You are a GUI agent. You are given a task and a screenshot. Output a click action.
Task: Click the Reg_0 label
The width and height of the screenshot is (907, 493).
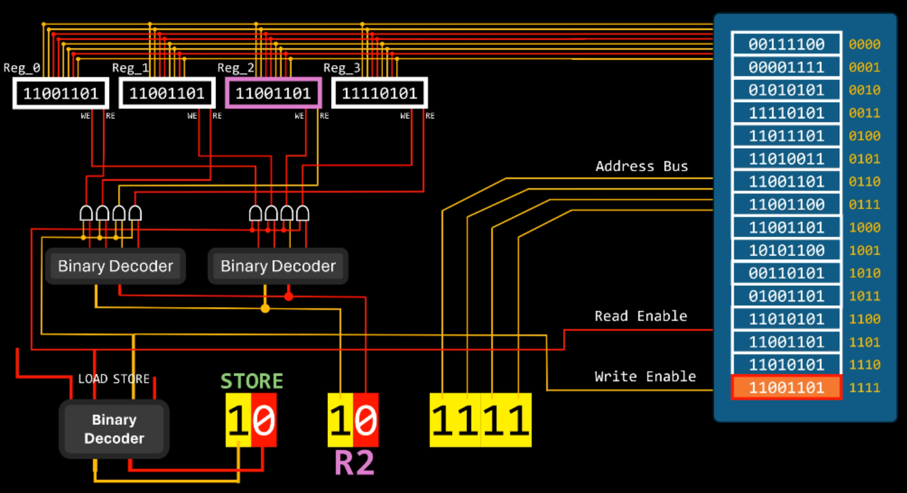(x=22, y=68)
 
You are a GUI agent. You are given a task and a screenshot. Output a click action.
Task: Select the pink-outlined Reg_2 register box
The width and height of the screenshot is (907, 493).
(x=273, y=93)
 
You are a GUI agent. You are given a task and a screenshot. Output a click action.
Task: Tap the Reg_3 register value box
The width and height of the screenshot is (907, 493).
(x=379, y=93)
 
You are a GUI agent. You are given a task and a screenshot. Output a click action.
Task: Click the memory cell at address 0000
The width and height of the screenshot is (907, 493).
(x=786, y=45)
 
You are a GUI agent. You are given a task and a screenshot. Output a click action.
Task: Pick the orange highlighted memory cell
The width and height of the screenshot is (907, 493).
(x=786, y=388)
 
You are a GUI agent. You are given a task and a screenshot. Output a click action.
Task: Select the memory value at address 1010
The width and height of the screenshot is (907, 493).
(x=786, y=273)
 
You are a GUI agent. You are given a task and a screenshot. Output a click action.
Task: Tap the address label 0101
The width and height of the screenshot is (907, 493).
(x=864, y=159)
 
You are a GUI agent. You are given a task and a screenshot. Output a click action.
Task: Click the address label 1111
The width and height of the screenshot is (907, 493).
(x=864, y=388)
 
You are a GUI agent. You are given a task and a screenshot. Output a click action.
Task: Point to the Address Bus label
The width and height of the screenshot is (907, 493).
(x=642, y=167)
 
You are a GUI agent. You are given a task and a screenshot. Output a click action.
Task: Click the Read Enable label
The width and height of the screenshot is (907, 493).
(x=640, y=317)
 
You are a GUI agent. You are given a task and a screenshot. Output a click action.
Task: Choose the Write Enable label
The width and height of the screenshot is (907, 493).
(x=645, y=377)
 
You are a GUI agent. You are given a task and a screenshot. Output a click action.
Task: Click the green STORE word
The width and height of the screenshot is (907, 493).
(x=252, y=382)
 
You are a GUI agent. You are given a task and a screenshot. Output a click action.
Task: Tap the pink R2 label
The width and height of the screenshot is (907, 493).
(x=354, y=463)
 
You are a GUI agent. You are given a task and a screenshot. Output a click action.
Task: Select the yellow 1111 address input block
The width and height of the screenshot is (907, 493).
(x=480, y=420)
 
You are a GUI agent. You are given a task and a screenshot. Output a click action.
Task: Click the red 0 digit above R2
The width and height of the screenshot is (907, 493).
(x=365, y=420)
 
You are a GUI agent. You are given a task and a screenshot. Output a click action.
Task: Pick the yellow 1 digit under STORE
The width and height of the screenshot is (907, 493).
(x=238, y=420)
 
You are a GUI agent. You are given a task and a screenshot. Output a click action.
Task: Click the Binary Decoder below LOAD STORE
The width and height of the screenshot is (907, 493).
(x=114, y=429)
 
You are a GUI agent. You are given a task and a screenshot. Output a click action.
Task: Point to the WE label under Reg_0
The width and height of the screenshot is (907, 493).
(x=85, y=116)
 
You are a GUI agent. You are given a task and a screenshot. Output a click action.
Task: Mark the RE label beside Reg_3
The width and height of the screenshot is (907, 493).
(x=430, y=116)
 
